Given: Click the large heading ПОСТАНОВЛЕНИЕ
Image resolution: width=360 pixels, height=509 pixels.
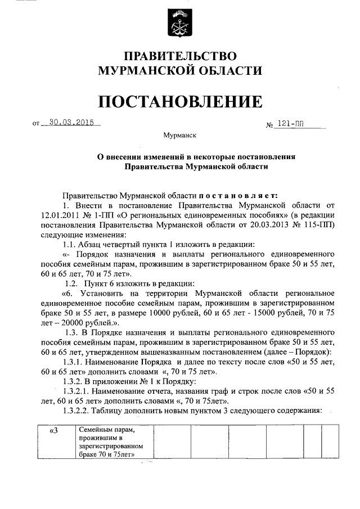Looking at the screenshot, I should point(180,101).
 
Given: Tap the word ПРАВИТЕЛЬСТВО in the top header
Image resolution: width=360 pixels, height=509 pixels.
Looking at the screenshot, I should point(180,56).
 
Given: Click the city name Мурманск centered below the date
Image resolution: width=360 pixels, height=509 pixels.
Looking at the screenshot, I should point(179,136).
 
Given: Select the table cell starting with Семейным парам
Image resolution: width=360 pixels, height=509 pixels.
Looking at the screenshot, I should point(112,443).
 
